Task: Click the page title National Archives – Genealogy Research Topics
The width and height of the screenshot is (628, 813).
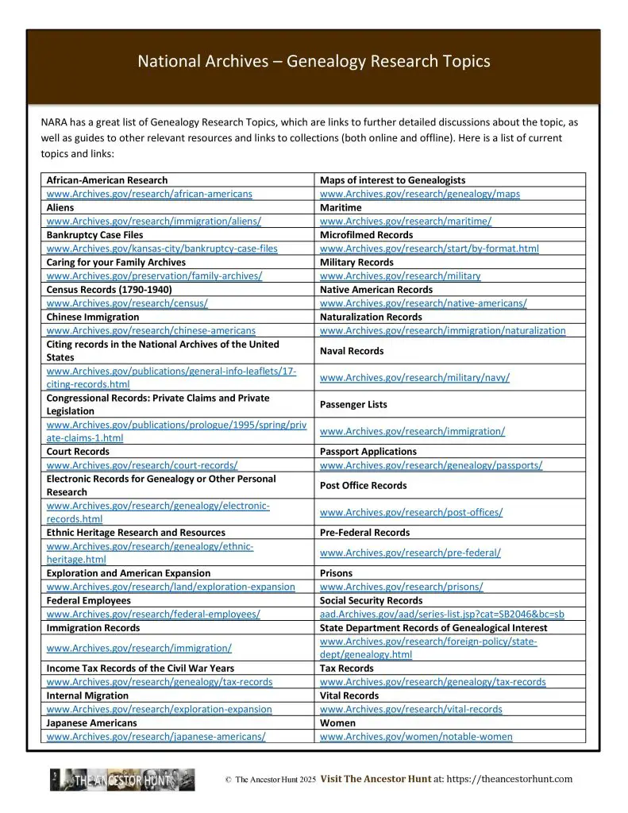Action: coord(314,61)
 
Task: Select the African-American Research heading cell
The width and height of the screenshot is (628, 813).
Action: coord(107,180)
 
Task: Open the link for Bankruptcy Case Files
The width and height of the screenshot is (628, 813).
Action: coord(162,249)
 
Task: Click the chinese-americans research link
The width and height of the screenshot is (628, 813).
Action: coord(151,330)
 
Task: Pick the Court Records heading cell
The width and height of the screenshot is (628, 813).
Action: coord(78,452)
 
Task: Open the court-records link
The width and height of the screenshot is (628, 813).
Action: coord(142,465)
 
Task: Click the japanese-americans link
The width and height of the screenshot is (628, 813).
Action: coord(156,737)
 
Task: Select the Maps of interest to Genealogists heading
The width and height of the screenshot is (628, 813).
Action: coord(392,180)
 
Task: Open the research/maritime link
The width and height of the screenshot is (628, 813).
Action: coord(405,222)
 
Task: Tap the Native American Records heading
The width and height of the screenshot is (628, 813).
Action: coord(376,290)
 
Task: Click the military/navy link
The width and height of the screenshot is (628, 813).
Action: coord(414,378)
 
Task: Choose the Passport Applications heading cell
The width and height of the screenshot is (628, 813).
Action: coord(368,452)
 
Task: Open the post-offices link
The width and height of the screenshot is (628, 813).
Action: coord(410,513)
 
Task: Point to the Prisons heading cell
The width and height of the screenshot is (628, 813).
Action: coord(336,573)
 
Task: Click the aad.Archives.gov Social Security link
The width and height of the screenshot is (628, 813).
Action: coord(441,615)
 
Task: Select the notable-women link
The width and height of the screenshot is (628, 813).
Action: coord(416,737)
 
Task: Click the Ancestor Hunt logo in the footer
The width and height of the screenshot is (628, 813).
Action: coord(122,780)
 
